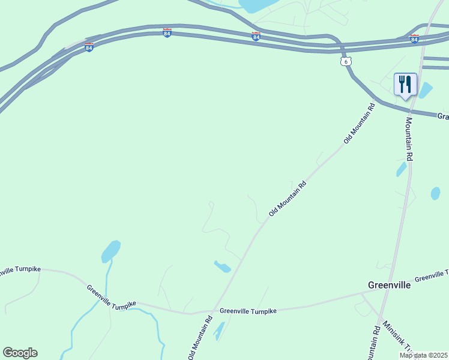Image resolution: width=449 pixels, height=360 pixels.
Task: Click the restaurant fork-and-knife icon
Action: point(405,84)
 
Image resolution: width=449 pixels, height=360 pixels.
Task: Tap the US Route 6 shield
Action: point(344,62)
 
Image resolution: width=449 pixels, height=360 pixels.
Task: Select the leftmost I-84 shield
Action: point(89,47)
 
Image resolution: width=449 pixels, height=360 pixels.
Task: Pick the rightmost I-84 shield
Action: point(414,39)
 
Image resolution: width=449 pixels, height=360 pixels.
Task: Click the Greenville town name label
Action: point(389,285)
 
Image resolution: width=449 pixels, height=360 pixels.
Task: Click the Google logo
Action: point(20,353)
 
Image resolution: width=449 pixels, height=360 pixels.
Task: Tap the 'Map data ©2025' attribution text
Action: point(423,355)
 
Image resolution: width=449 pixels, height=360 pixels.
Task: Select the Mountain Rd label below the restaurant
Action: point(408,139)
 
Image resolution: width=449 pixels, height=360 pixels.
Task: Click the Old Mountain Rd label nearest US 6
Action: point(359,123)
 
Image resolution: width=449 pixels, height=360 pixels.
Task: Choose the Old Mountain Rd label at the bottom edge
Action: point(200,339)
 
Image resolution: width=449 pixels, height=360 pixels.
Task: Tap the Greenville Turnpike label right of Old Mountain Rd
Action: point(248,311)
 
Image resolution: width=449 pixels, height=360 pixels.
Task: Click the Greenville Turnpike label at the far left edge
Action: point(18,271)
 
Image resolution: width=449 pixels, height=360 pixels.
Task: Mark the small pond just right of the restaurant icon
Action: point(425,90)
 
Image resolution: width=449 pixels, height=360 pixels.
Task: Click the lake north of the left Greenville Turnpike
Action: point(110,250)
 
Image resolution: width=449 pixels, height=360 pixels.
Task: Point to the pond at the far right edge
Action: point(435,193)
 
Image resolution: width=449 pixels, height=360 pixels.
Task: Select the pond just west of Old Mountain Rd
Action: point(222,266)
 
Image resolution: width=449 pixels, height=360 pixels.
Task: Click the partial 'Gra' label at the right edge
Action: point(443,116)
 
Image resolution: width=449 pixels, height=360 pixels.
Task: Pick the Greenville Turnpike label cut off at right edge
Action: point(431,276)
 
